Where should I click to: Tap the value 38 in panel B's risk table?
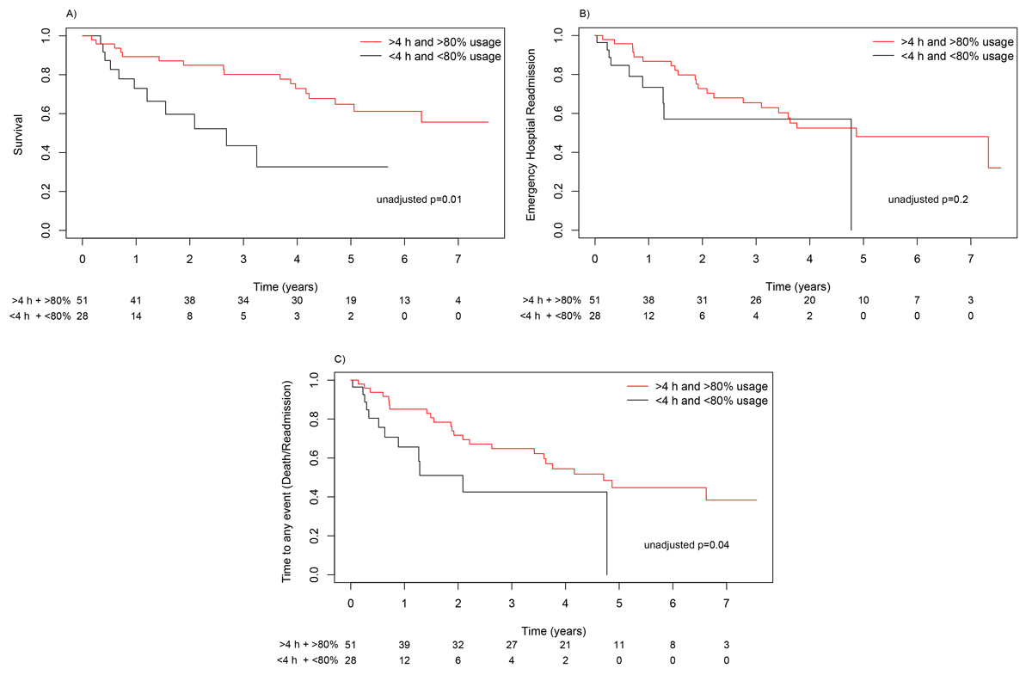pyautogui.click(x=648, y=300)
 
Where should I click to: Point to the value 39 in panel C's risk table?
pyautogui.click(x=404, y=644)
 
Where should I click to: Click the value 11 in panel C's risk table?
pyautogui.click(x=619, y=644)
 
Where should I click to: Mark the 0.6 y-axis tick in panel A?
pyautogui.click(x=58, y=113)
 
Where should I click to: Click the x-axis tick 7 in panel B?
pyautogui.click(x=970, y=259)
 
